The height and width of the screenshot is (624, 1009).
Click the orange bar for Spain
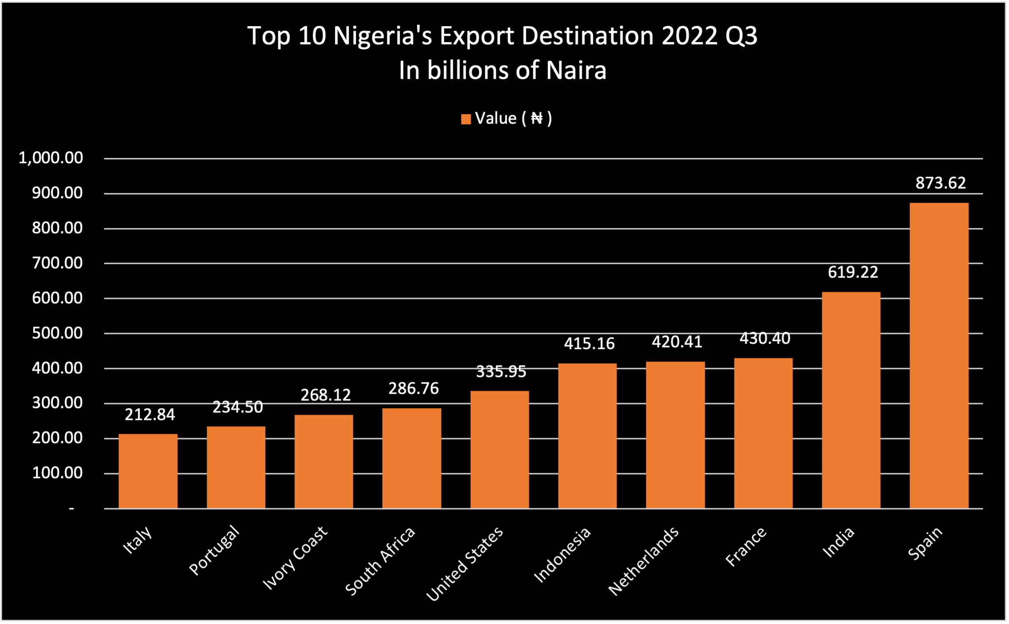939,355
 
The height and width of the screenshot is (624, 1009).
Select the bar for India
851,400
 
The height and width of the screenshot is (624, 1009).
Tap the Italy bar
148,471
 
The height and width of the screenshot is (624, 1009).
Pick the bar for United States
499,449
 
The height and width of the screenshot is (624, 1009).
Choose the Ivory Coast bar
323,461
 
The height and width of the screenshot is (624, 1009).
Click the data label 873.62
941,183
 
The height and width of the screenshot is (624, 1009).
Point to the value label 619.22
853,272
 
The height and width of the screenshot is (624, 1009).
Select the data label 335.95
501,372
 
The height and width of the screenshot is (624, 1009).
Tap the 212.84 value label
150,415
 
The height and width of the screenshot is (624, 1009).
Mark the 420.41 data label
677,342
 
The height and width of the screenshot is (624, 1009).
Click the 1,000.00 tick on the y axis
51,158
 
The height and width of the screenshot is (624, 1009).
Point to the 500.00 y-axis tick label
57,333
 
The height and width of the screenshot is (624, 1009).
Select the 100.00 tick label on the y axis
57,473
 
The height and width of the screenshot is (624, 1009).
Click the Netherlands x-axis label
643,561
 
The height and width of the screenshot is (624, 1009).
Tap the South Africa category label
380,561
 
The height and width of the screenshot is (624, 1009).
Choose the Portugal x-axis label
214,550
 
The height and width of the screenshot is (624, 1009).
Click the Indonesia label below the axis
562,554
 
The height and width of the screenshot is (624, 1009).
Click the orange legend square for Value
466,119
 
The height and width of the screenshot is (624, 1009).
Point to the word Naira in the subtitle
576,71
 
